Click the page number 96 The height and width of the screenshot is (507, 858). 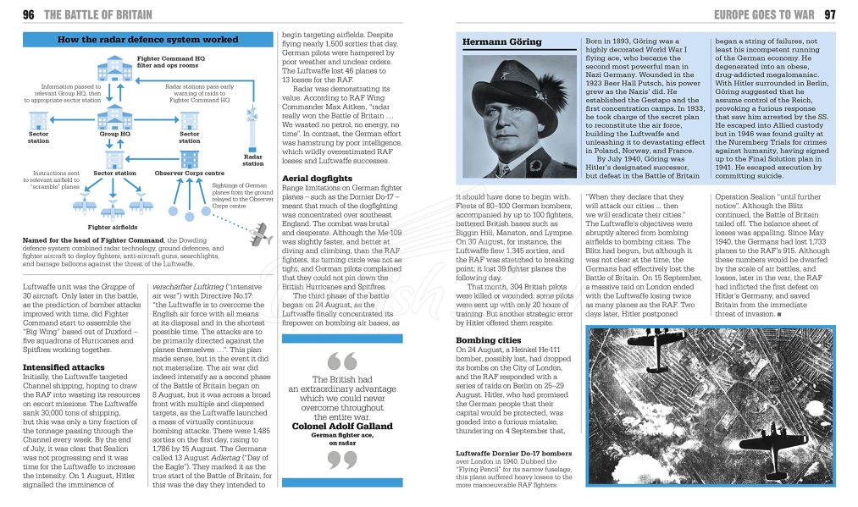pyautogui.click(x=28, y=14)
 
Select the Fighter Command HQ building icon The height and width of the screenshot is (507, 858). pyautogui.click(x=114, y=70)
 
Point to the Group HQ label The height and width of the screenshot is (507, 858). pyautogui.click(x=114, y=134)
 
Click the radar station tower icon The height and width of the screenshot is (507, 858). pyautogui.click(x=252, y=127)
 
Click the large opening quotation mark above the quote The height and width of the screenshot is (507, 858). pyautogui.click(x=341, y=361)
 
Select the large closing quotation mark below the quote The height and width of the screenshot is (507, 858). pyautogui.click(x=341, y=460)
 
